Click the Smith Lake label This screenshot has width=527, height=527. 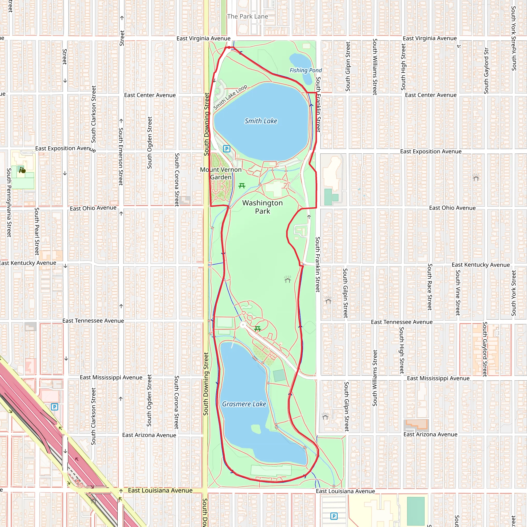(261, 121)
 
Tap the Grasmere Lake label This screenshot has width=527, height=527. (244, 404)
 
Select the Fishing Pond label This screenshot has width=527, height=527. (305, 70)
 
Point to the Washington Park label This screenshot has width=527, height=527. (262, 207)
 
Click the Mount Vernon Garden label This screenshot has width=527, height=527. (221, 173)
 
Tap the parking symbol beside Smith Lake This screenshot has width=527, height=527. (226, 149)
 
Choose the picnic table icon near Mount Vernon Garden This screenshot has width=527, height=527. (242, 186)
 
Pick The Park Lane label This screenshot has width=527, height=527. (247, 16)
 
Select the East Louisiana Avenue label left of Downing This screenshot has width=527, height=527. (160, 490)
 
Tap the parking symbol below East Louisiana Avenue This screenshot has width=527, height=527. (333, 516)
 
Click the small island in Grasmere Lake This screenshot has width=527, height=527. (256, 429)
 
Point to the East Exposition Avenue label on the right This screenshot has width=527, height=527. (431, 151)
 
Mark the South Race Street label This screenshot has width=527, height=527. (430, 287)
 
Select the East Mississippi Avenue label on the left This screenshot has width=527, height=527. (111, 377)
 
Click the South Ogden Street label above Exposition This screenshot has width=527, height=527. (150, 143)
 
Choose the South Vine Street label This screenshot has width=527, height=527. (458, 293)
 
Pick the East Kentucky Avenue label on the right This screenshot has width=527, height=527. (481, 265)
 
